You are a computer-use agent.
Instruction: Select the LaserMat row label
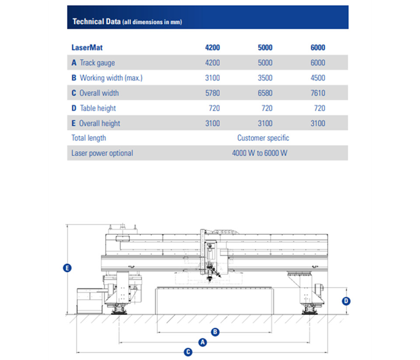pos(87,48)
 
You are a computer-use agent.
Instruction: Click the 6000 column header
pos(318,48)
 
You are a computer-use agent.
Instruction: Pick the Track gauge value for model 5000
pos(265,63)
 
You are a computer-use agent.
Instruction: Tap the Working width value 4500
pos(318,78)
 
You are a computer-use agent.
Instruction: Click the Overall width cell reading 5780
pos(212,93)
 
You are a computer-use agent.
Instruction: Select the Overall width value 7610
pos(318,93)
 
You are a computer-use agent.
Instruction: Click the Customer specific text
pos(263,138)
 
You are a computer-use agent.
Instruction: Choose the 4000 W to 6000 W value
pos(260,153)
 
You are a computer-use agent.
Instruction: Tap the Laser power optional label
pos(102,153)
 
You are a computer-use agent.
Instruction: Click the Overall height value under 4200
pos(212,123)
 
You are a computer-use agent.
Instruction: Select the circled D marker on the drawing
pos(346,301)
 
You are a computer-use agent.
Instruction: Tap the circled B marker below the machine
pos(215,332)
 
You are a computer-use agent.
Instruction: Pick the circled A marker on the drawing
pos(202,342)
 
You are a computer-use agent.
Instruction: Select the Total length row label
pos(89,138)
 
